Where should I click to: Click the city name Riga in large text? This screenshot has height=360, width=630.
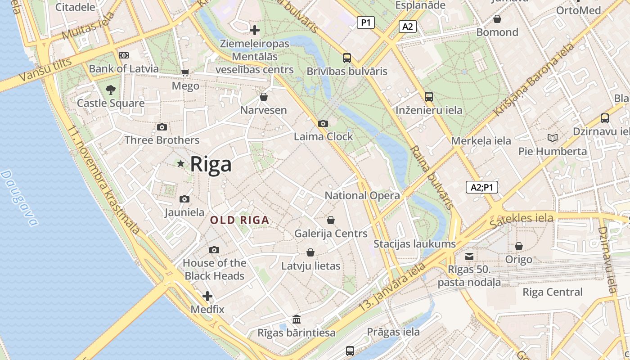211,164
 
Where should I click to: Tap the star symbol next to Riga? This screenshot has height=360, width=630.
181,164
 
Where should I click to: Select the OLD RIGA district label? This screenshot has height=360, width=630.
240,220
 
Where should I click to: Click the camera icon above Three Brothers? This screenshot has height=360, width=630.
162,127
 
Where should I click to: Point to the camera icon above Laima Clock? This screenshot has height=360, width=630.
323,123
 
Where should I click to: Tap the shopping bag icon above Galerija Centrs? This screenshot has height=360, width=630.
331,220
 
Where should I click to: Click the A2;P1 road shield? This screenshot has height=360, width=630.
481,187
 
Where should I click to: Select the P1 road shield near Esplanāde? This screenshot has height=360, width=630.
366,22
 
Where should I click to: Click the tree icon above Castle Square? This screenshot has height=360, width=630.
111,90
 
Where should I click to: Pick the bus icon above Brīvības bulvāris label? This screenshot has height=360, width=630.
346,58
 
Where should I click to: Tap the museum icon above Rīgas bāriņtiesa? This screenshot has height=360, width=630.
297,319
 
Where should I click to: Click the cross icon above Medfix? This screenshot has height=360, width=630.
207,296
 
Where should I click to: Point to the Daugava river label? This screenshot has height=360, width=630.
19,198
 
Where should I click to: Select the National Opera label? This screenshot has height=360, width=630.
362,195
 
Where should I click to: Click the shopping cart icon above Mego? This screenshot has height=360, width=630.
185,72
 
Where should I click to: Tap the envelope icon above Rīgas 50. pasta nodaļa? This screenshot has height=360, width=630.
469,256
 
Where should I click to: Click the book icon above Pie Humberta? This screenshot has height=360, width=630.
552,138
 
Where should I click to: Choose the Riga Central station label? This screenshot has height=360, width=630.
552,292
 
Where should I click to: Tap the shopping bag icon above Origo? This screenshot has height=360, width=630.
519,246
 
